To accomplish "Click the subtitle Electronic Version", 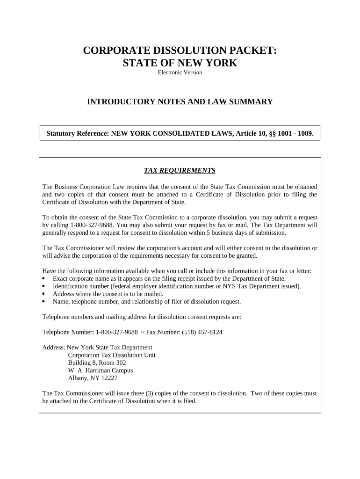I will click(x=180, y=73).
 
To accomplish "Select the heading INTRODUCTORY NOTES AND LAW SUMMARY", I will click(x=180, y=102).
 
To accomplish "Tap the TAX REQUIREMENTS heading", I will click(x=180, y=170).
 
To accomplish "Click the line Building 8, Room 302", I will click(x=97, y=363).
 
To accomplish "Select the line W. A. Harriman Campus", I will click(x=100, y=370).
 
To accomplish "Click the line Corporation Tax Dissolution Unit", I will click(x=112, y=355).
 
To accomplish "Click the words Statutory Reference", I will click(x=77, y=134).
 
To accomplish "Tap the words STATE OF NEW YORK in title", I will click(x=180, y=63).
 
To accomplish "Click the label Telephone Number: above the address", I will click(x=68, y=332).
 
